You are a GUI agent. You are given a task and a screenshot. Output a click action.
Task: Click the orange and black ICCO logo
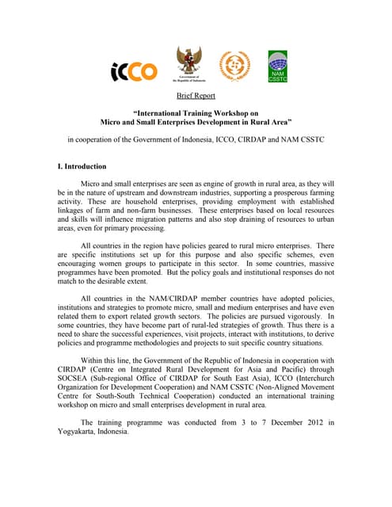(134, 72)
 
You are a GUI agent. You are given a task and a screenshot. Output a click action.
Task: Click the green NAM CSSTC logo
(278, 67)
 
